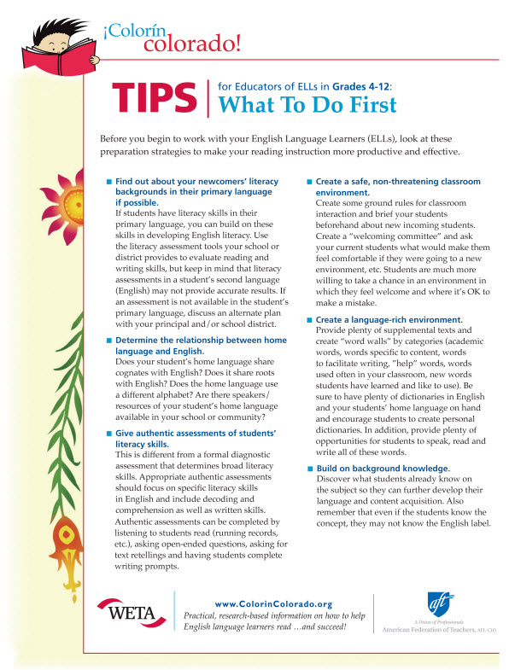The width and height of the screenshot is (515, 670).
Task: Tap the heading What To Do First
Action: coord(308,105)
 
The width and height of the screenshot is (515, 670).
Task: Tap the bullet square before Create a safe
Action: coord(308,182)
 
